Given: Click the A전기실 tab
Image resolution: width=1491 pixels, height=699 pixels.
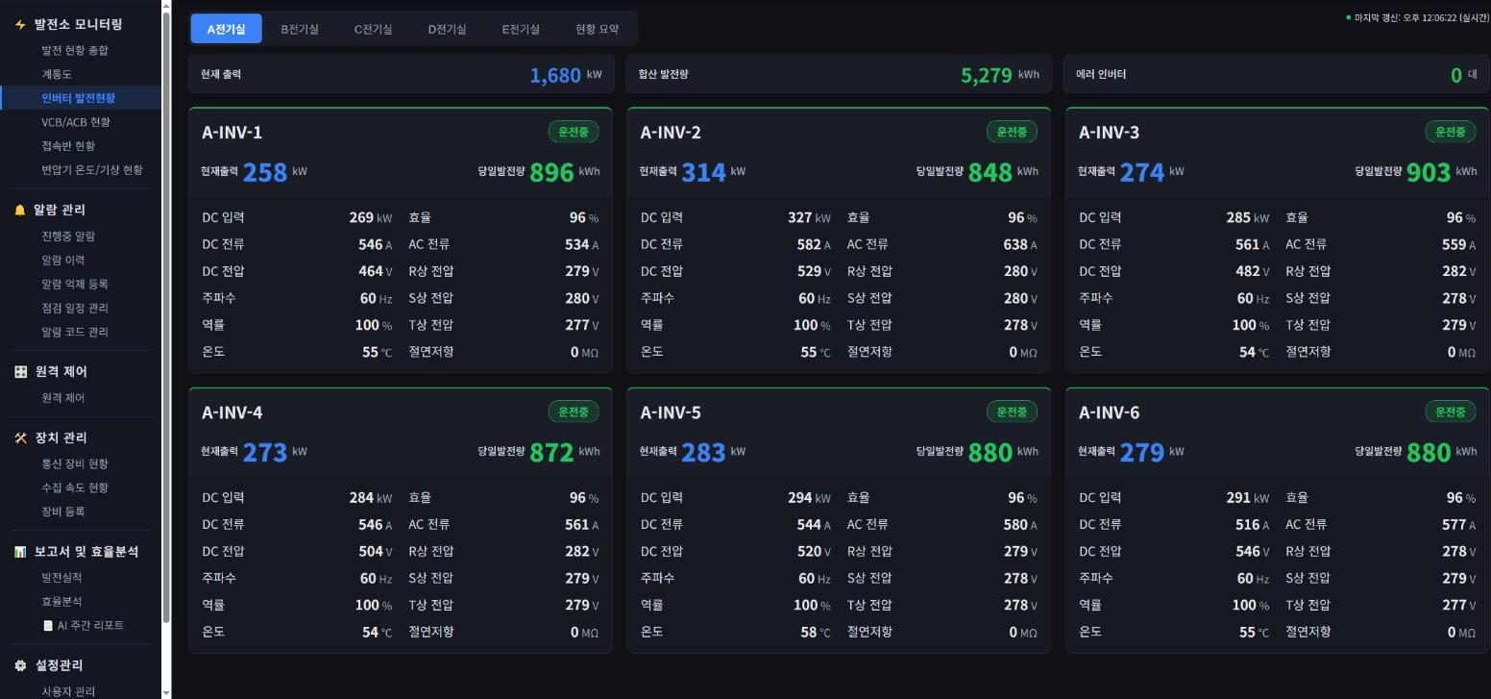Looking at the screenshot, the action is [226, 29].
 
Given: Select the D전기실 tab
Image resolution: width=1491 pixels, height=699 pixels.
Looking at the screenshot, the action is [447, 29].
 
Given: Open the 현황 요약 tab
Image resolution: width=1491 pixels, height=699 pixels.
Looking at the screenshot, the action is [597, 29].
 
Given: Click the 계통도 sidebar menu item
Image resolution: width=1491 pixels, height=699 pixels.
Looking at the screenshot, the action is [57, 74].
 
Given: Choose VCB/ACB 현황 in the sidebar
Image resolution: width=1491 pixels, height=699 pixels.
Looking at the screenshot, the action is [76, 122].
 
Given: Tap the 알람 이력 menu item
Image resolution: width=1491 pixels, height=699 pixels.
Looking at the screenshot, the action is [63, 260].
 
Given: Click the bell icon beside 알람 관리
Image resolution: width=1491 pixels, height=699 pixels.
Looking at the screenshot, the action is [20, 210].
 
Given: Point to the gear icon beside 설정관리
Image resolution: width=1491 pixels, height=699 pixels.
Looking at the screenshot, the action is [20, 665].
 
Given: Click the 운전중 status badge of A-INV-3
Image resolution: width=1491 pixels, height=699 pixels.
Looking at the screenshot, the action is [1450, 132].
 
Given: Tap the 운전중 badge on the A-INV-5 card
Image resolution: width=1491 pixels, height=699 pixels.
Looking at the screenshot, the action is [1011, 412].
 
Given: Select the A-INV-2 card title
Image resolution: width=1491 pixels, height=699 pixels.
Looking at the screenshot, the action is [671, 132].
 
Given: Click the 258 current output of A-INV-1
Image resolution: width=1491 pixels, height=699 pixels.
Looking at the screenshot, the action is [265, 172].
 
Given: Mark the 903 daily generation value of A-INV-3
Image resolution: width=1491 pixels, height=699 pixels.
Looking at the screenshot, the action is [1429, 172].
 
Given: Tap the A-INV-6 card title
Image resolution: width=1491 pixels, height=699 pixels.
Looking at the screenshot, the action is [1109, 412].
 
